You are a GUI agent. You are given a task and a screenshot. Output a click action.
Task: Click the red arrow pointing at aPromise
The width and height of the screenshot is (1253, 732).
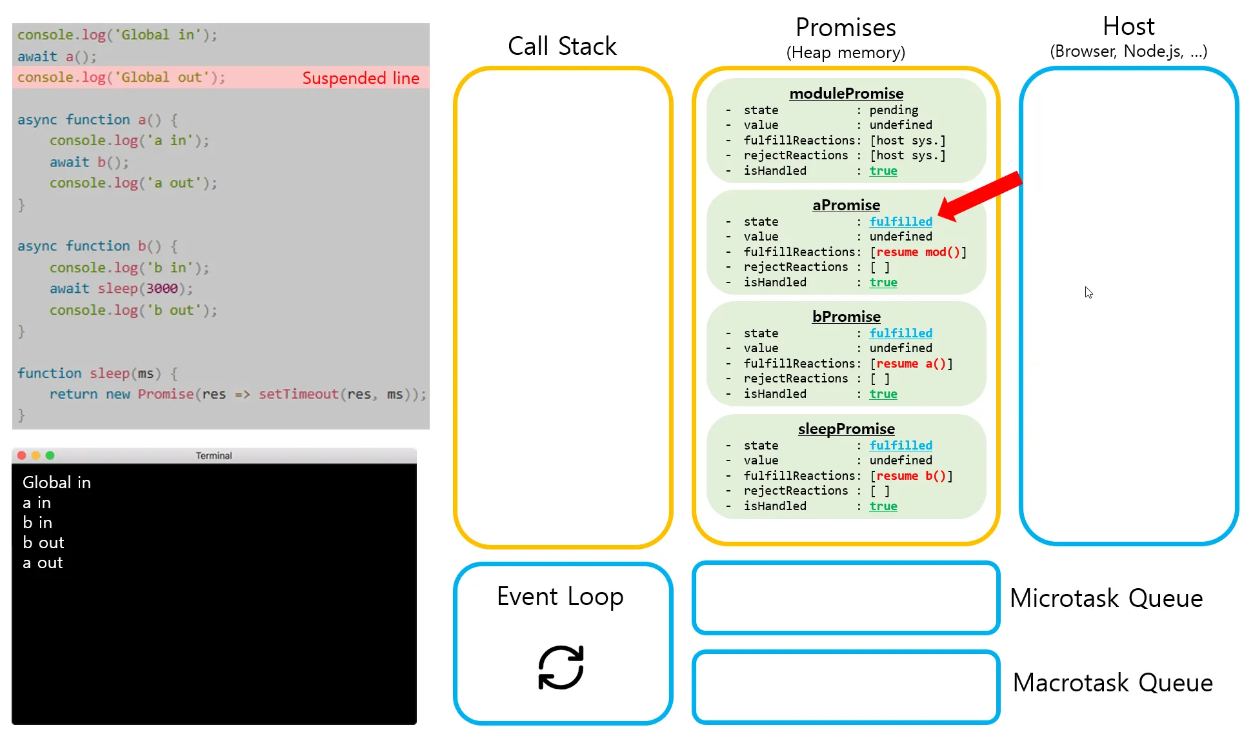click(x=979, y=196)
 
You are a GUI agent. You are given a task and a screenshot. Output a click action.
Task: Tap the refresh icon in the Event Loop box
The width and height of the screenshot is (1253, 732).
click(x=561, y=668)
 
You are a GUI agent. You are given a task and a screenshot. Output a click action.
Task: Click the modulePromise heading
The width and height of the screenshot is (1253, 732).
click(x=846, y=94)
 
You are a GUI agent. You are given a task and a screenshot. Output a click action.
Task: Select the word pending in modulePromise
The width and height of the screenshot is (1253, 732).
click(x=894, y=110)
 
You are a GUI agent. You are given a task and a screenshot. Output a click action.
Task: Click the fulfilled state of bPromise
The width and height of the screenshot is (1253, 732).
click(x=901, y=333)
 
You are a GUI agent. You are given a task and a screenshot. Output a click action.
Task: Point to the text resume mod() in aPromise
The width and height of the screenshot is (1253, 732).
click(x=918, y=252)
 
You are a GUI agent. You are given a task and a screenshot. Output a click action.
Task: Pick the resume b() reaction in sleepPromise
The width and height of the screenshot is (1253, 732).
click(x=911, y=476)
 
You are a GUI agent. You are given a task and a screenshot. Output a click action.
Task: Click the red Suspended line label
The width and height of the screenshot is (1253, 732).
click(x=361, y=78)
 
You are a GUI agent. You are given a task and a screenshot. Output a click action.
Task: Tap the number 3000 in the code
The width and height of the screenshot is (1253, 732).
click(x=161, y=288)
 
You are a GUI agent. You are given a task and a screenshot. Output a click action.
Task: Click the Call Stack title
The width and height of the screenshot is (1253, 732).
click(x=562, y=46)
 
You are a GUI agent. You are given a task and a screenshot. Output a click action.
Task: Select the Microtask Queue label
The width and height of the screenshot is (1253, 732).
click(x=1106, y=598)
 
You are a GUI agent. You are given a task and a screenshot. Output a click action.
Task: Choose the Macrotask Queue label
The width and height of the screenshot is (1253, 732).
click(x=1112, y=682)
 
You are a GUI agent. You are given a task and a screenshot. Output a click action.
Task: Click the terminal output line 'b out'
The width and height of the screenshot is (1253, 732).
click(x=43, y=543)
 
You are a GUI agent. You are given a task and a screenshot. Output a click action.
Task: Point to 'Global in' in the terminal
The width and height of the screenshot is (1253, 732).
click(x=57, y=482)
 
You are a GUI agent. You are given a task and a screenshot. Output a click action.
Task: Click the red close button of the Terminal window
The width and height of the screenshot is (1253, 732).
click(x=21, y=455)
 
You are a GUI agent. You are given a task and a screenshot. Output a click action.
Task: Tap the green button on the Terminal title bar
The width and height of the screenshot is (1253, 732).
click(x=50, y=455)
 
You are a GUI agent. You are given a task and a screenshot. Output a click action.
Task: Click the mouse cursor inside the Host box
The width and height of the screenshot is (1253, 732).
click(x=1088, y=293)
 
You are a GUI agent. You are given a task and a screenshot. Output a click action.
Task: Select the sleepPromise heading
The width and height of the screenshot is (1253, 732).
click(x=846, y=429)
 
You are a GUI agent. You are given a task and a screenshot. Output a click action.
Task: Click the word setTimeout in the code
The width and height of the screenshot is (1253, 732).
click(x=299, y=394)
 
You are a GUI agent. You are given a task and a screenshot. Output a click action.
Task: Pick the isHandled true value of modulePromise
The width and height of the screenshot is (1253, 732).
click(x=883, y=171)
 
